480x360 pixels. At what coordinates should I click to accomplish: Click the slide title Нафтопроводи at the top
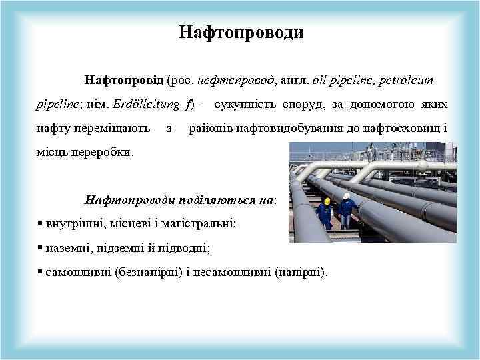[241, 33]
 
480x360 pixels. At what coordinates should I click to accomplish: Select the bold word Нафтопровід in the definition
[123, 80]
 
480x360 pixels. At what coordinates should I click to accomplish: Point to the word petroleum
[407, 80]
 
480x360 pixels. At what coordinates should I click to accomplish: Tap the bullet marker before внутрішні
[41, 223]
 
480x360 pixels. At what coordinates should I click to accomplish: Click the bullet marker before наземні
[41, 247]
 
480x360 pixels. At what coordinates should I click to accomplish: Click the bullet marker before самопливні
[41, 271]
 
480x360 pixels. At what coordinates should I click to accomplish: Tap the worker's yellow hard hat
[327, 201]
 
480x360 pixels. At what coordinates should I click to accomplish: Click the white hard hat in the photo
[347, 196]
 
